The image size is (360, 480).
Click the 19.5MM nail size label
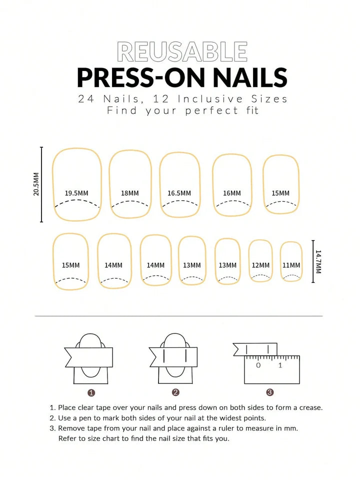76,193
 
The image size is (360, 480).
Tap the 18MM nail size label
130,193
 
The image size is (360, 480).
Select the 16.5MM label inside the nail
179,193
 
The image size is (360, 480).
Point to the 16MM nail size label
231,193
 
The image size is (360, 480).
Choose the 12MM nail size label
260,265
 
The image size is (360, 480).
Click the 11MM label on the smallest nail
291,265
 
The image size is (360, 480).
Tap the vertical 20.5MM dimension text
36,184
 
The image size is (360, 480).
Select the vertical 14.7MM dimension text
318,262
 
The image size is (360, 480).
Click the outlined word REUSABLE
182,52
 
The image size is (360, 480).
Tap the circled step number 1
91,392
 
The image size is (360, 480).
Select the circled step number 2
175,392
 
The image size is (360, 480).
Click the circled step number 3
269,392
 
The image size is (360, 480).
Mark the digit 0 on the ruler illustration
258,365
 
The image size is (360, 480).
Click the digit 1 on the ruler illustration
280,365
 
